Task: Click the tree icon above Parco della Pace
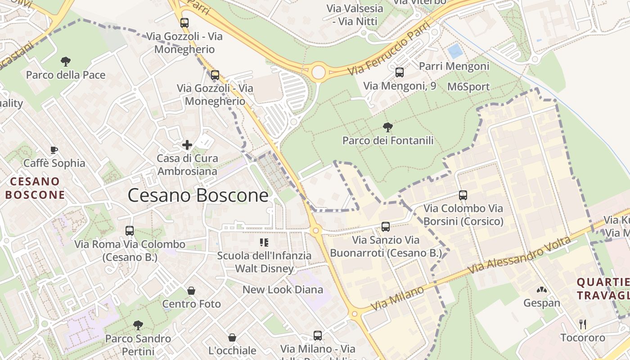point(66,61)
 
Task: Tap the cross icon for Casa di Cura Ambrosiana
point(187,145)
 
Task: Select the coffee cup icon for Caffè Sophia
point(54,150)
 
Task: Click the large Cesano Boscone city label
point(198,196)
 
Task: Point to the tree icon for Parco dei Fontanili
point(387,127)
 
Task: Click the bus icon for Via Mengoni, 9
point(399,72)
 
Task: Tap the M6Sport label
point(468,87)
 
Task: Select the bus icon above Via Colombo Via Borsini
point(463,195)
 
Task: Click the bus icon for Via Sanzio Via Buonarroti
point(386,227)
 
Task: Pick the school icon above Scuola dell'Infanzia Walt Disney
point(264,243)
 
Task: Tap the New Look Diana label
point(283,290)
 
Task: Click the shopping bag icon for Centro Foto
point(191,291)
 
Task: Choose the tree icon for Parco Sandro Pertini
point(138,325)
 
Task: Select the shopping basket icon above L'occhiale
point(232,337)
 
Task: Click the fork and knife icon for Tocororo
point(583,324)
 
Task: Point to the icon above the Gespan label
point(542,290)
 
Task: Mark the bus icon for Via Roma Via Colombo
point(130,231)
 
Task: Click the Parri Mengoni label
point(454,66)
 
